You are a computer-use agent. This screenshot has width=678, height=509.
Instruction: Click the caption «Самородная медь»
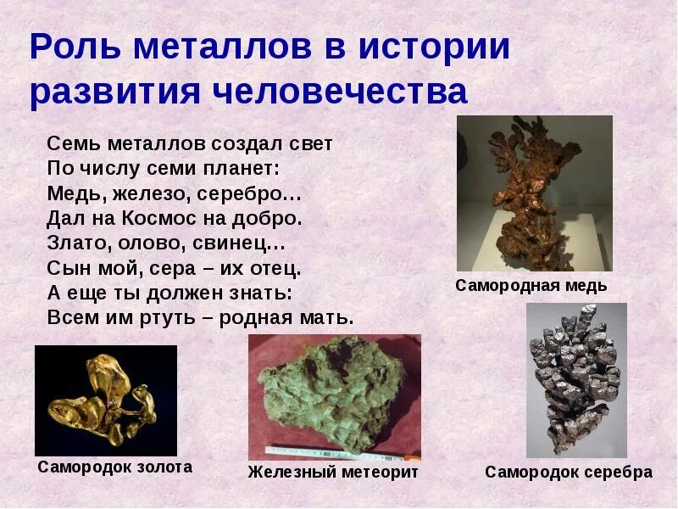[531, 286]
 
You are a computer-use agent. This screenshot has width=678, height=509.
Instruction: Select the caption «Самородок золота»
[114, 467]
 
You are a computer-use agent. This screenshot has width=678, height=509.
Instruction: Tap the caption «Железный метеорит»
[333, 472]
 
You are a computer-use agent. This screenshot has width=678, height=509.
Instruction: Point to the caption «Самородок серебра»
[569, 473]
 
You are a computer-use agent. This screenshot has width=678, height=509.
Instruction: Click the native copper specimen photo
[534, 193]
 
